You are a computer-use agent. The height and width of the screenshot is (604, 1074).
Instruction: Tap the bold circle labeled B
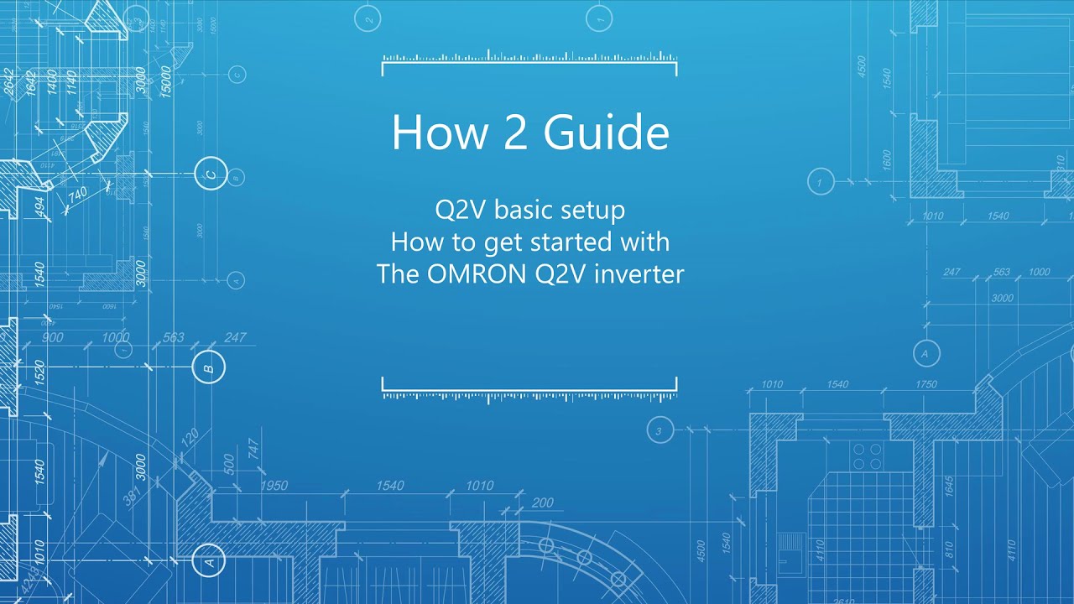coord(208,367)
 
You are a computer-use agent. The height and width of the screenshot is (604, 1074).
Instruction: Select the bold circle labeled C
coord(211,174)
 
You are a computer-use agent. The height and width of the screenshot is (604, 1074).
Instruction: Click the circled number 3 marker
coord(660,431)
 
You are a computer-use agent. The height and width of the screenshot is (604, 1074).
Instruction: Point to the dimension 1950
coord(274,486)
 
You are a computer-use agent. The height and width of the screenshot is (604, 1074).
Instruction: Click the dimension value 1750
coord(926,384)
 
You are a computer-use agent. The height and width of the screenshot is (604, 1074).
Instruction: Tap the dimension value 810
coord(949,550)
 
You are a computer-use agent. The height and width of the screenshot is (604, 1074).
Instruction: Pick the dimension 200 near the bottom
coord(542,502)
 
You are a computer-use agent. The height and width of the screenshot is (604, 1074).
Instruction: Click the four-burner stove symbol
coord(867,456)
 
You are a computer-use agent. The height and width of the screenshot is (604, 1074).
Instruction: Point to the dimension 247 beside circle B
coord(235,337)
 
